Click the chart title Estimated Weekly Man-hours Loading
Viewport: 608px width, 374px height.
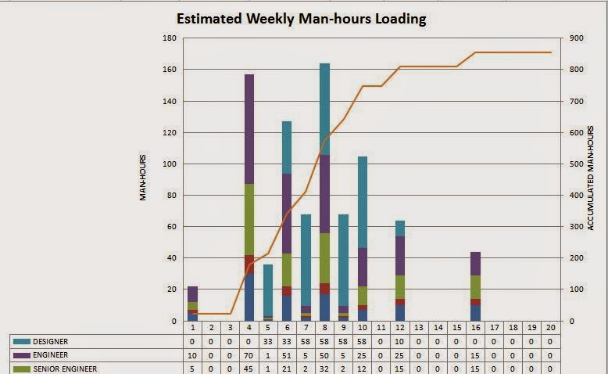[x=301, y=18]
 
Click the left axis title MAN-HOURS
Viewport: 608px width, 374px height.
[x=144, y=179]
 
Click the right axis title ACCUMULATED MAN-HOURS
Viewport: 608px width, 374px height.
[x=590, y=179]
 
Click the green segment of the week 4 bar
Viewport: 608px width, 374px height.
[x=249, y=219]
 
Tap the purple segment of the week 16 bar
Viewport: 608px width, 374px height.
[x=475, y=264]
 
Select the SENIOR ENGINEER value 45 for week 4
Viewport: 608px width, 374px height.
[x=249, y=369]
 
